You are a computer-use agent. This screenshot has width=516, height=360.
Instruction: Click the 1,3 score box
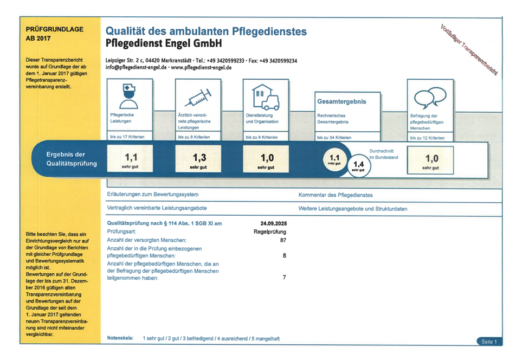click(x=197, y=160)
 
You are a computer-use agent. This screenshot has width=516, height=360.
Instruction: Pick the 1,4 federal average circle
click(x=358, y=165)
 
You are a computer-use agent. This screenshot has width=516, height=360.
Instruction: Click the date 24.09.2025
click(x=273, y=223)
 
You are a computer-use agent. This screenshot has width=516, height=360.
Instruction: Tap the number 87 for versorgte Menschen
click(x=282, y=240)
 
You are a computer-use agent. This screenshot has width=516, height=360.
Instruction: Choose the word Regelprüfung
click(x=270, y=232)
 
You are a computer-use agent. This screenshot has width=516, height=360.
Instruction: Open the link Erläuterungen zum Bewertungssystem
click(x=153, y=195)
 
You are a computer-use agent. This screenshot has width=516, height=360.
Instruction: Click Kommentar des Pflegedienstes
click(x=336, y=195)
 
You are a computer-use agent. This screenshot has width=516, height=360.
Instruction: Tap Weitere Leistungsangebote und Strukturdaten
click(x=352, y=209)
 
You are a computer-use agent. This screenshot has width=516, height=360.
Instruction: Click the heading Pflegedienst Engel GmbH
click(x=161, y=43)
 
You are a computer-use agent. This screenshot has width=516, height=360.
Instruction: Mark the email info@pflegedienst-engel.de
click(x=136, y=68)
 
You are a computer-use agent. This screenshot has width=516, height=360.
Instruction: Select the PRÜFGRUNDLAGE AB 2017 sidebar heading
click(x=54, y=34)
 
